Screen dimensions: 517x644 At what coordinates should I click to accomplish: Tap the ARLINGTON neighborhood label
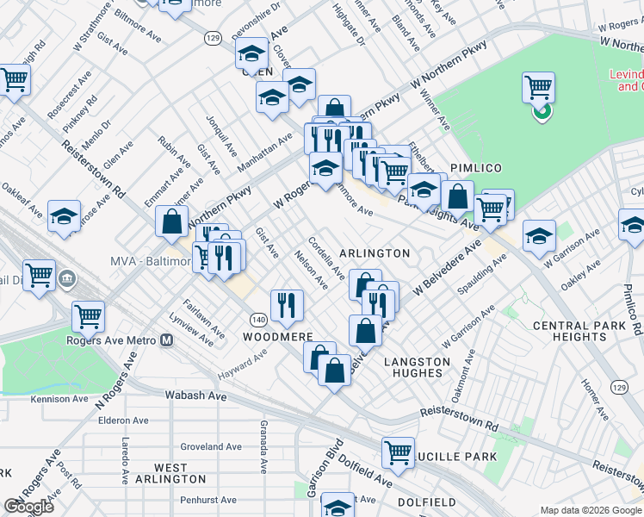tap(375, 253)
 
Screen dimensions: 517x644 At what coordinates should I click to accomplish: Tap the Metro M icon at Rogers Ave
tap(166, 339)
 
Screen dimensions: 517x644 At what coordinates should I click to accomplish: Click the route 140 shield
tap(258, 318)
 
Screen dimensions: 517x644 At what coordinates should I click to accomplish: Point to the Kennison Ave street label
tap(59, 399)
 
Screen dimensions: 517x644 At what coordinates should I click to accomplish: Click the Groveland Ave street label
tap(210, 446)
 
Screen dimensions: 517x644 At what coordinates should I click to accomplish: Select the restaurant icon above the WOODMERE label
tap(286, 304)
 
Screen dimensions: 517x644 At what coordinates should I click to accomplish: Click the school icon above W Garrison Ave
tap(539, 235)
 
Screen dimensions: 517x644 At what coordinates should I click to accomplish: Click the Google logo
tap(28, 507)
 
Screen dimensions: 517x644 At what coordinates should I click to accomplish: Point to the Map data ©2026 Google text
tap(591, 510)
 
